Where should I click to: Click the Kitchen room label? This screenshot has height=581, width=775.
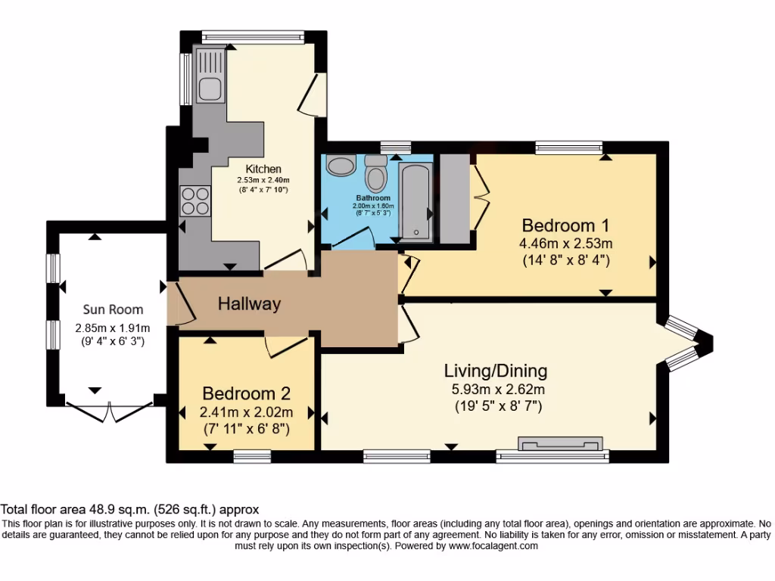263,169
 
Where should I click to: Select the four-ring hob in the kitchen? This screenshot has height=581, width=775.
195,200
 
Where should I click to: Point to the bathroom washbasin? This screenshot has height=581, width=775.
341,165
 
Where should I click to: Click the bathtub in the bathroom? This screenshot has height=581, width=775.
416,203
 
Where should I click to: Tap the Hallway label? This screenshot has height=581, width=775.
250,303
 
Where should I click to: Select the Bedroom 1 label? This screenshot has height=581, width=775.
565,225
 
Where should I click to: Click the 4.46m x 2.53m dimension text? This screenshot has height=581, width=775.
565,243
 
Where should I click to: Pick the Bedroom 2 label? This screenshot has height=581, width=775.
246,393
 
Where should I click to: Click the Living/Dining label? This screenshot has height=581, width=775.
496,371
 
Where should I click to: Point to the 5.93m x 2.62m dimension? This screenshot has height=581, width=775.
498,390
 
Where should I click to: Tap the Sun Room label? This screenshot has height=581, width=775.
114,309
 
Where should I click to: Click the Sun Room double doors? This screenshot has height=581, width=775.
109,412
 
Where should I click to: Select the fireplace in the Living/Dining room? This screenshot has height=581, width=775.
561,443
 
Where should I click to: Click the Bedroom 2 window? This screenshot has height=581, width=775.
252,456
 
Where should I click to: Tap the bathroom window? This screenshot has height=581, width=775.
396,148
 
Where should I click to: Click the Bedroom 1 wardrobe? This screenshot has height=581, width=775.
455,199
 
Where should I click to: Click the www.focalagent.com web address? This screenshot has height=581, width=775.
493,546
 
